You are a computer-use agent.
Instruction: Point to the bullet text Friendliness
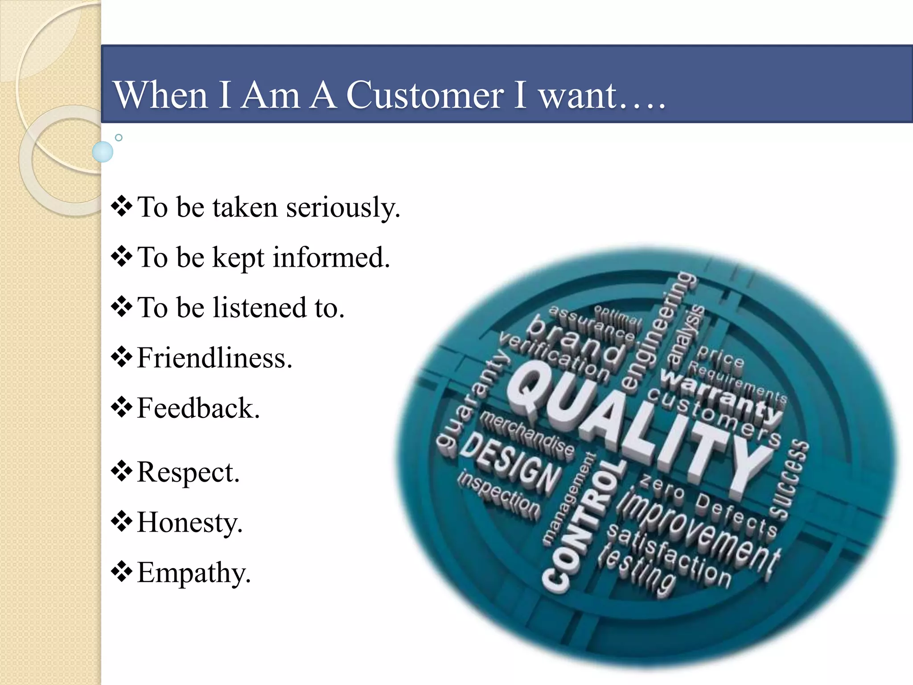[214, 358]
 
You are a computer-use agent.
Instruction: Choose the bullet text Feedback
[198, 408]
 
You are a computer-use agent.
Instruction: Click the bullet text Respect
[188, 472]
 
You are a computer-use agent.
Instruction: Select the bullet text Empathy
[194, 573]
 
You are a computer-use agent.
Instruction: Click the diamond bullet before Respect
[122, 471]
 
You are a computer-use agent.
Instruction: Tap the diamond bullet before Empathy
[122, 572]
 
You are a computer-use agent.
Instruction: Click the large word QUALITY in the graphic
[637, 428]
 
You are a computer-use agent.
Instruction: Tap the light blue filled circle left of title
[103, 152]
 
